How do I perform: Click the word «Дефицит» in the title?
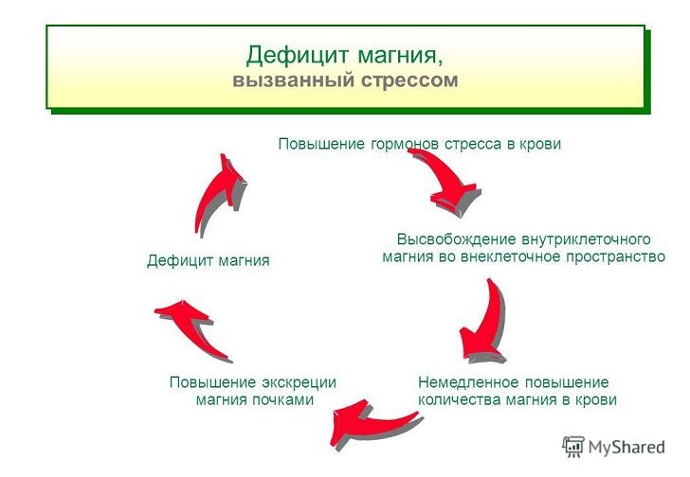coord(298,57)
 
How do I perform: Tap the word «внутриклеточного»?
coord(586,239)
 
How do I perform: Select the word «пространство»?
coord(615,256)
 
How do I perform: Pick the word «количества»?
coord(459,400)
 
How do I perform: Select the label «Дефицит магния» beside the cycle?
coord(209,261)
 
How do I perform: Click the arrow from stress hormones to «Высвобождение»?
coord(449,178)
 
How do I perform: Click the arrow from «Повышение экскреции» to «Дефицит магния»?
coord(192,327)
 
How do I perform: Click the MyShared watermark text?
coord(626,448)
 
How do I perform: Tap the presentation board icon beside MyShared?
coord(573,447)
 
